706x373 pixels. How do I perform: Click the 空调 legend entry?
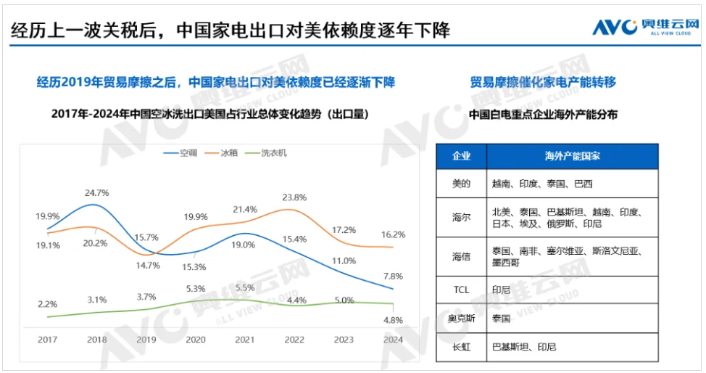[x=189, y=153]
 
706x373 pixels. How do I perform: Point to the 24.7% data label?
[x=96, y=192]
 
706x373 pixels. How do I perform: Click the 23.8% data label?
[x=294, y=197]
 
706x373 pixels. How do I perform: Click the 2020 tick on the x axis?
[x=195, y=339]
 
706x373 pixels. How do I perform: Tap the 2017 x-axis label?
[x=47, y=339]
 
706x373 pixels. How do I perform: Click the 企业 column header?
[x=461, y=156]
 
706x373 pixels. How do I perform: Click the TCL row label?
[x=461, y=289]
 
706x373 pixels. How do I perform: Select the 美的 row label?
[x=461, y=184]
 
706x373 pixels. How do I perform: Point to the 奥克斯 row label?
[x=461, y=318]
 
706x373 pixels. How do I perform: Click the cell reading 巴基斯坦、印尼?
[x=524, y=347]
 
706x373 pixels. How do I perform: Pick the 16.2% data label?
[x=392, y=234]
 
